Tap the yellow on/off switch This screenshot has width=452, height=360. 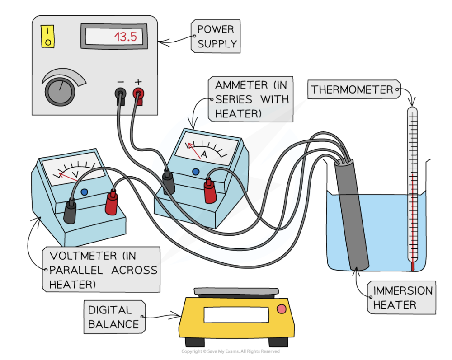47,37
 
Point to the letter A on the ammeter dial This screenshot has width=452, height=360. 204,154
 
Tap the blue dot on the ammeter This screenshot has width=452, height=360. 196,172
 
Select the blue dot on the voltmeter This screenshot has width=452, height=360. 84,192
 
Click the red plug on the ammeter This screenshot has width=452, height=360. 209,190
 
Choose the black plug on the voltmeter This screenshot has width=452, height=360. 70,211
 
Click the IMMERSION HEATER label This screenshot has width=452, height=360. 402,298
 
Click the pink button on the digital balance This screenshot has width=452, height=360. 281,309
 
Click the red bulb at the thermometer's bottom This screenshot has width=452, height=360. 412,266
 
